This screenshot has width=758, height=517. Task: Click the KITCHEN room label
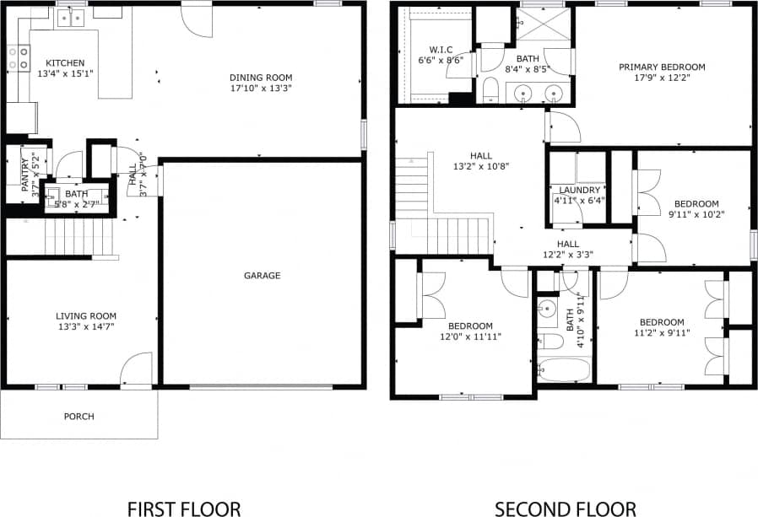click(x=64, y=63)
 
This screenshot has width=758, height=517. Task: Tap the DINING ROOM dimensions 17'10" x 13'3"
click(x=261, y=88)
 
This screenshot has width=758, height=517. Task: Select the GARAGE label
click(x=262, y=276)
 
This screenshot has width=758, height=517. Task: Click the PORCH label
click(x=79, y=417)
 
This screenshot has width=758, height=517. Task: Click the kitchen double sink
click(x=71, y=17)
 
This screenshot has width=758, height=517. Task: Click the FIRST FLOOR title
click(x=183, y=509)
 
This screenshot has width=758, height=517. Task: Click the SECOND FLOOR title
click(x=565, y=509)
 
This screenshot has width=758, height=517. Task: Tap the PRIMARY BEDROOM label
click(x=661, y=67)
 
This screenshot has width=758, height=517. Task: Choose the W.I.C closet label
click(x=441, y=49)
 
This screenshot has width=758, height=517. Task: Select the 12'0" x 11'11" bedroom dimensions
click(x=470, y=337)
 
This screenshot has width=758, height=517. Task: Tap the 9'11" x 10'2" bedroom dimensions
click(x=696, y=214)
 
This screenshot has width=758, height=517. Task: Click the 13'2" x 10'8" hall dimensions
click(x=480, y=167)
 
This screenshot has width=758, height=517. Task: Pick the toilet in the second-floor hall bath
click(x=551, y=341)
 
